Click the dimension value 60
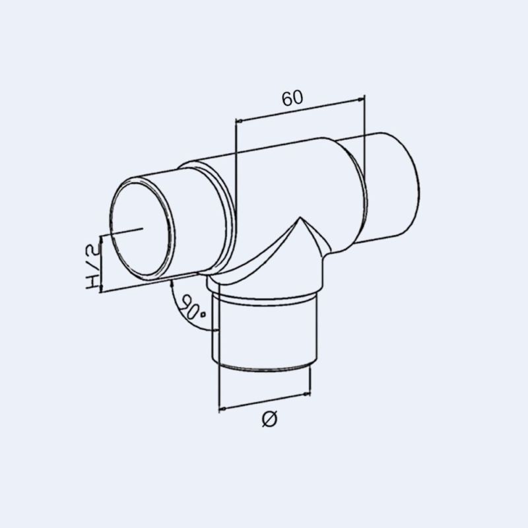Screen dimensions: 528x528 click(292, 98)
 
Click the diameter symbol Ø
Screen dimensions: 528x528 click(269, 418)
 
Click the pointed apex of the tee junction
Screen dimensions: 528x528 click(301, 218)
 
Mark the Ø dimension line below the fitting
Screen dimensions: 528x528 click(264, 401)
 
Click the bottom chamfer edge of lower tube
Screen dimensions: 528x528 click(264, 367)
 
